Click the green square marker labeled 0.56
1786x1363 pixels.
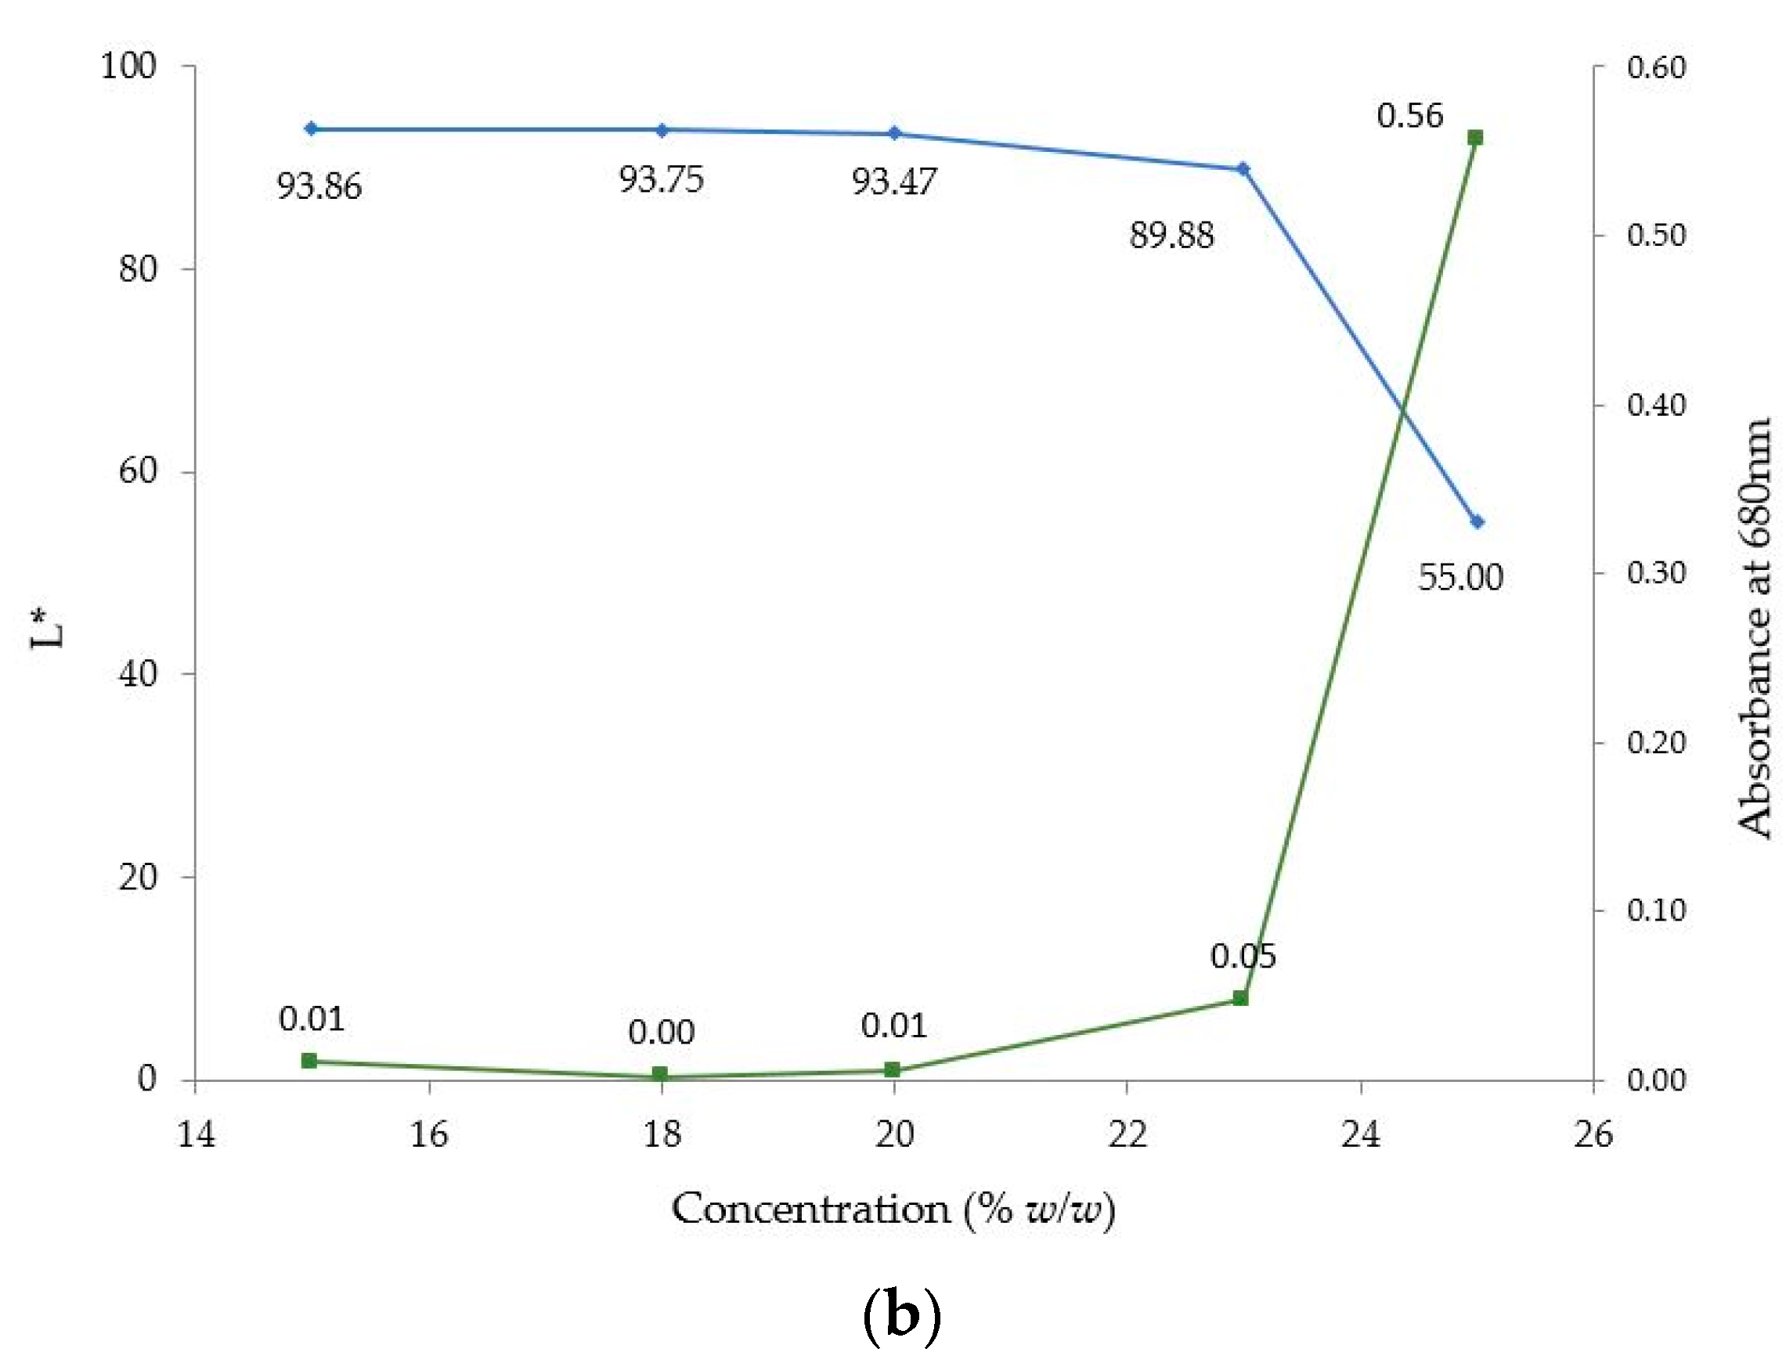(x=1475, y=138)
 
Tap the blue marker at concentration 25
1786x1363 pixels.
(x=1477, y=521)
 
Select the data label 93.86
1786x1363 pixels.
(x=319, y=187)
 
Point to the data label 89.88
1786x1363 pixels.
(x=1171, y=236)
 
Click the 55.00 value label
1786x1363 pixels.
(x=1459, y=578)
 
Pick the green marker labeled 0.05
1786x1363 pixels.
(x=1240, y=998)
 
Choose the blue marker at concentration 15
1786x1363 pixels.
(x=311, y=129)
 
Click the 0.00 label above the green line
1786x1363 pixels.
(x=662, y=1033)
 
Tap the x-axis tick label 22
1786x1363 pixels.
(x=1127, y=1135)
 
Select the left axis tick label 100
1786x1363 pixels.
(x=128, y=66)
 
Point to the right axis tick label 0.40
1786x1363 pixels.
(x=1656, y=404)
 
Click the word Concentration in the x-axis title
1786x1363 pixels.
(x=810, y=1210)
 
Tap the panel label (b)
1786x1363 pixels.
(x=901, y=1314)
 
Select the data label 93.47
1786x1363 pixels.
(x=893, y=182)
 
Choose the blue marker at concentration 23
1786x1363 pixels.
(x=1243, y=169)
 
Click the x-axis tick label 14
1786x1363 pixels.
(x=197, y=1135)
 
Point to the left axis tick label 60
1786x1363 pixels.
(x=138, y=471)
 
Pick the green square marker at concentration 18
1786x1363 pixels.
(x=660, y=1074)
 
